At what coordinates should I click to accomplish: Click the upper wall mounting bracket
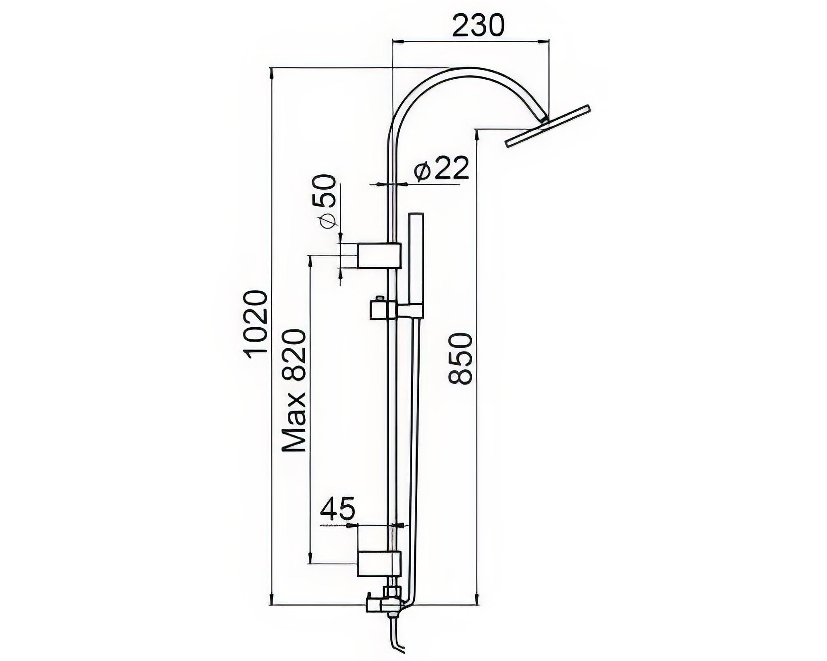tap(379, 255)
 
